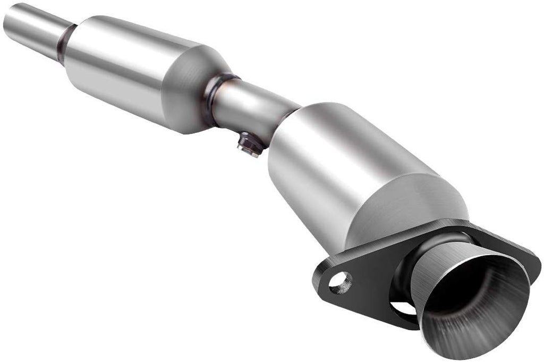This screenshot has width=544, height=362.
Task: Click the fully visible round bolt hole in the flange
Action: (x=340, y=282)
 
